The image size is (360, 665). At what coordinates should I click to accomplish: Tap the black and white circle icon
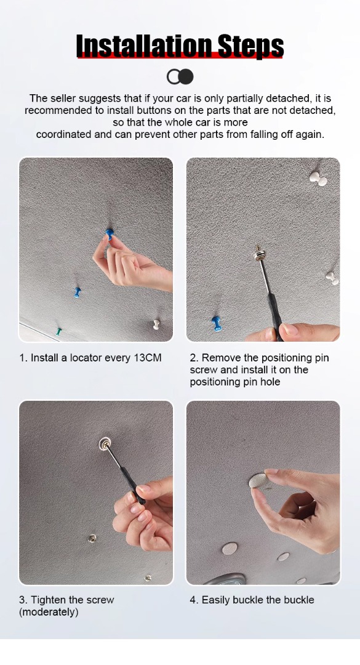tap(180, 77)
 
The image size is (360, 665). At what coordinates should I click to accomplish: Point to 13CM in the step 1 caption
tap(148, 358)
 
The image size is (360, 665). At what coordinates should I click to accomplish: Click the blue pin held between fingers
tap(110, 233)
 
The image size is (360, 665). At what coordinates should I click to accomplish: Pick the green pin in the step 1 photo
tap(59, 331)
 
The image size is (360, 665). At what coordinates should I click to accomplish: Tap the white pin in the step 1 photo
tap(156, 324)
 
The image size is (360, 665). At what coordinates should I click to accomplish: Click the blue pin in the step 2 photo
tap(216, 324)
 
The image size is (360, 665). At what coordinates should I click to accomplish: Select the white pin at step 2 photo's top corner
tap(318, 179)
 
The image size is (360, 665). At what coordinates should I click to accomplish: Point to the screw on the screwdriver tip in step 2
tap(258, 253)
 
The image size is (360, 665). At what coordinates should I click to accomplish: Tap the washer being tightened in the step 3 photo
tap(105, 444)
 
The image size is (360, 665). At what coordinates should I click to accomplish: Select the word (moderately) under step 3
tap(49, 613)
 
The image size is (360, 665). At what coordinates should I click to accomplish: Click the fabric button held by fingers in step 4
tap(258, 480)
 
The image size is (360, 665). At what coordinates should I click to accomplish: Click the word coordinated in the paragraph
tap(63, 134)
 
